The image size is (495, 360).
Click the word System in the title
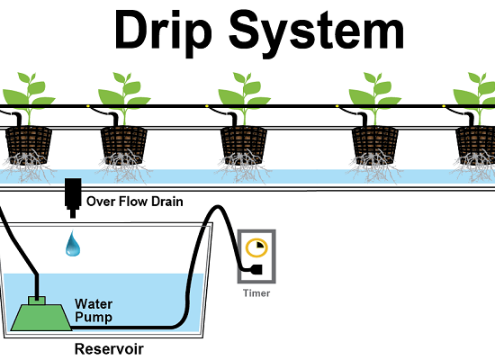pyautogui.click(x=316, y=34)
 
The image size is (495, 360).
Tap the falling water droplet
pyautogui.click(x=73, y=243)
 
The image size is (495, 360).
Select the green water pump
pyautogui.click(x=41, y=313)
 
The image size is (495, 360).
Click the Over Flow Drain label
pyautogui.click(x=135, y=202)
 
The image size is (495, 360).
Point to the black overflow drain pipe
pyautogui.click(x=73, y=198)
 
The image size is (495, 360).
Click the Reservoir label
pyautogui.click(x=109, y=349)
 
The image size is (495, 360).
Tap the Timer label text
pyautogui.click(x=256, y=293)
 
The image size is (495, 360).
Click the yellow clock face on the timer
pyautogui.click(x=256, y=247)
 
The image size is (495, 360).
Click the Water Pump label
pyautogui.click(x=94, y=310)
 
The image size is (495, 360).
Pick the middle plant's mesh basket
pyautogui.click(x=243, y=145)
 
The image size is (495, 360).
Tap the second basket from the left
pyautogui.click(x=124, y=145)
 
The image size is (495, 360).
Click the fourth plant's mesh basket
pyautogui.click(x=375, y=145)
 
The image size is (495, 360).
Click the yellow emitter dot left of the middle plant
pyautogui.click(x=207, y=106)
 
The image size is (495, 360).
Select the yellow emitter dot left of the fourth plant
pyautogui.click(x=337, y=106)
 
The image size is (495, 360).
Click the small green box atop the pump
pyautogui.click(x=37, y=301)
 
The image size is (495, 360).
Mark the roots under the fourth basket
pyautogui.click(x=374, y=167)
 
